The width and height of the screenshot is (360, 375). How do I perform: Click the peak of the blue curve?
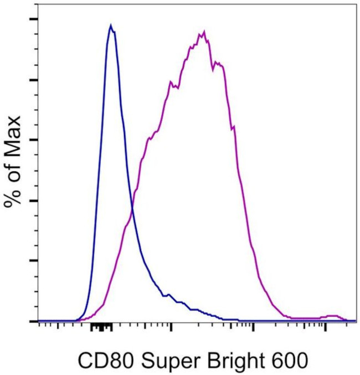(111, 25)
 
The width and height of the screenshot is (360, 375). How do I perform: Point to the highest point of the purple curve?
(204, 32)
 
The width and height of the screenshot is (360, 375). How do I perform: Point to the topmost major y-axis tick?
(34, 19)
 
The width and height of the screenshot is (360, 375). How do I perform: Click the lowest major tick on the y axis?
(34, 321)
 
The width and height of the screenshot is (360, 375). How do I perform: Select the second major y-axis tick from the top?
(34, 80)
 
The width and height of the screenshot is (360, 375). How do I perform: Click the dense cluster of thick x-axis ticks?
(101, 327)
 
